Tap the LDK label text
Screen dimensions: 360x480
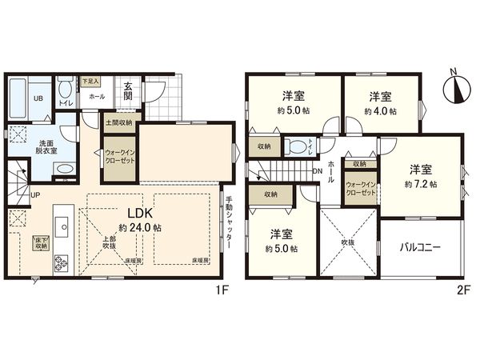[x=133, y=214]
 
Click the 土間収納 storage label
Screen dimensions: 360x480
[x=118, y=123]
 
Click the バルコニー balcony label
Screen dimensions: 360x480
[x=421, y=249]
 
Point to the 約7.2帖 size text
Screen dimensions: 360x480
[x=421, y=183]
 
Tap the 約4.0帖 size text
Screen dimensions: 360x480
[x=379, y=110]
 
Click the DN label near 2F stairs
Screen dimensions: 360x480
[x=317, y=171]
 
